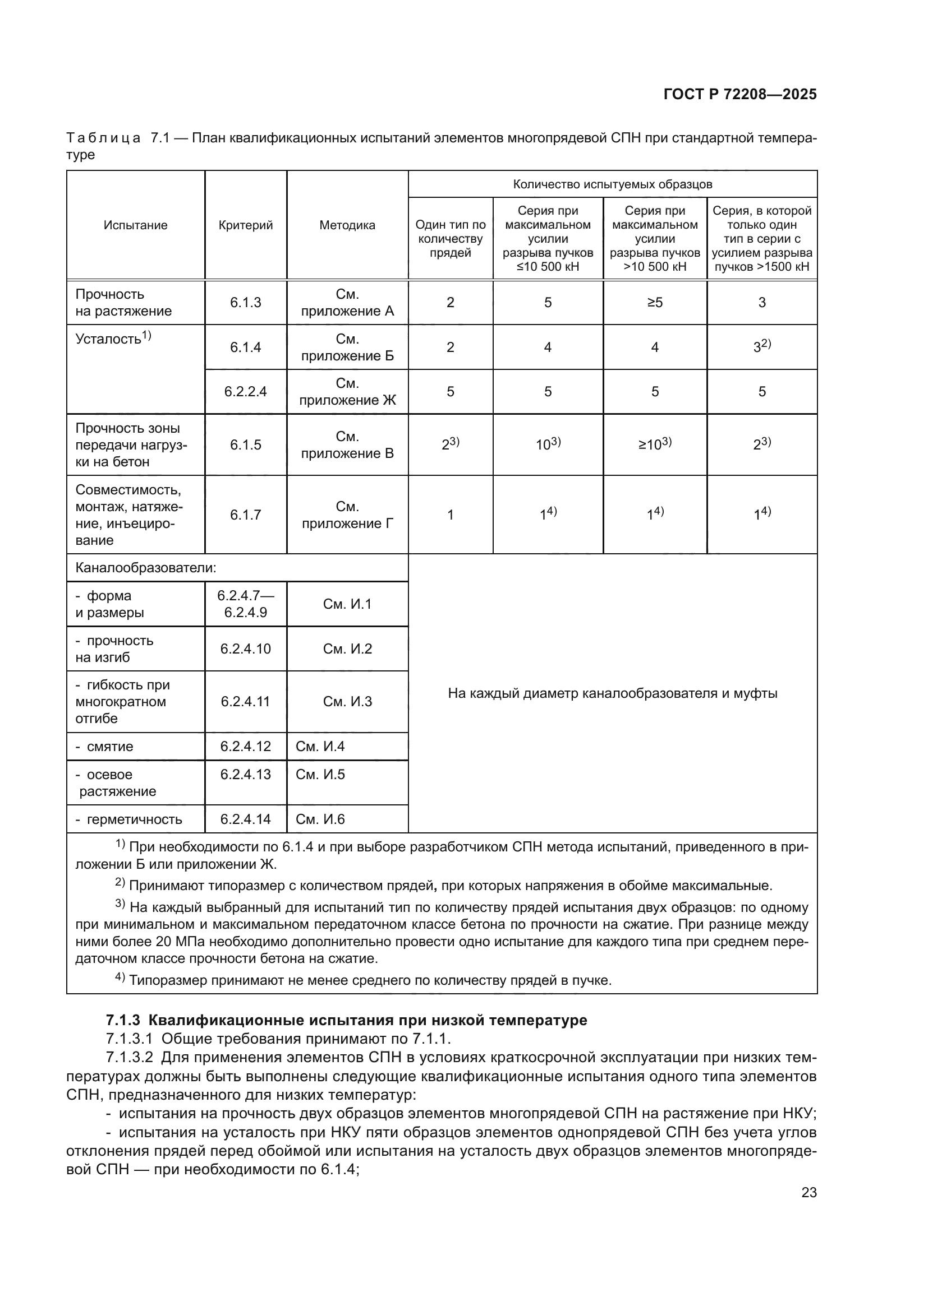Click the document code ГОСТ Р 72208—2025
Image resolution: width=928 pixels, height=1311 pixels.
coord(740,94)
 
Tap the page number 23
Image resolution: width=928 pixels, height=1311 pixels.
coord(808,1192)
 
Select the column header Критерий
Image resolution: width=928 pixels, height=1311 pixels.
coord(245,225)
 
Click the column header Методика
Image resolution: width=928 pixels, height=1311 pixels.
coord(347,225)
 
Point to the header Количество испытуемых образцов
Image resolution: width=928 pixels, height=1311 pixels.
coord(612,184)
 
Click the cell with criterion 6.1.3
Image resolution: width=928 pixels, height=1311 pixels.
coord(245,303)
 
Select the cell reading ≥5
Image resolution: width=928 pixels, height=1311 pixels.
coord(654,303)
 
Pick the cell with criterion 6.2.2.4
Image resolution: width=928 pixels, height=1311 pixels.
coord(245,392)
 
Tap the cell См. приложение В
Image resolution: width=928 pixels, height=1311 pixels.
coord(347,445)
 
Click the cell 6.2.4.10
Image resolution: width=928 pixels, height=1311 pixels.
coord(245,648)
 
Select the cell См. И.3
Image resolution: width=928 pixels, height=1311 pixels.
coord(347,702)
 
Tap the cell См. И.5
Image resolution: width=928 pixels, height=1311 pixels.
coord(320,774)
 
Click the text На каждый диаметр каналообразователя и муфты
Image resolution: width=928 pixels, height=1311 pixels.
coord(612,693)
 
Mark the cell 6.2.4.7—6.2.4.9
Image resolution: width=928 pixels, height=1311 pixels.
coord(245,604)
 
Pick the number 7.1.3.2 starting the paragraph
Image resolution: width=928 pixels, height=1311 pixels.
coord(129,1057)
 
